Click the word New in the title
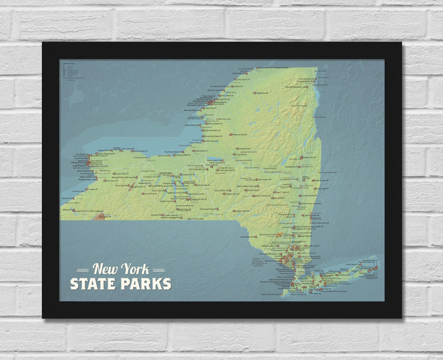coord(105,270)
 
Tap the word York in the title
coord(135,270)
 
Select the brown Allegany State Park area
coord(100,217)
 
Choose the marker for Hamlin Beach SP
coord(140,152)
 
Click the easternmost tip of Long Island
coord(378,267)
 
